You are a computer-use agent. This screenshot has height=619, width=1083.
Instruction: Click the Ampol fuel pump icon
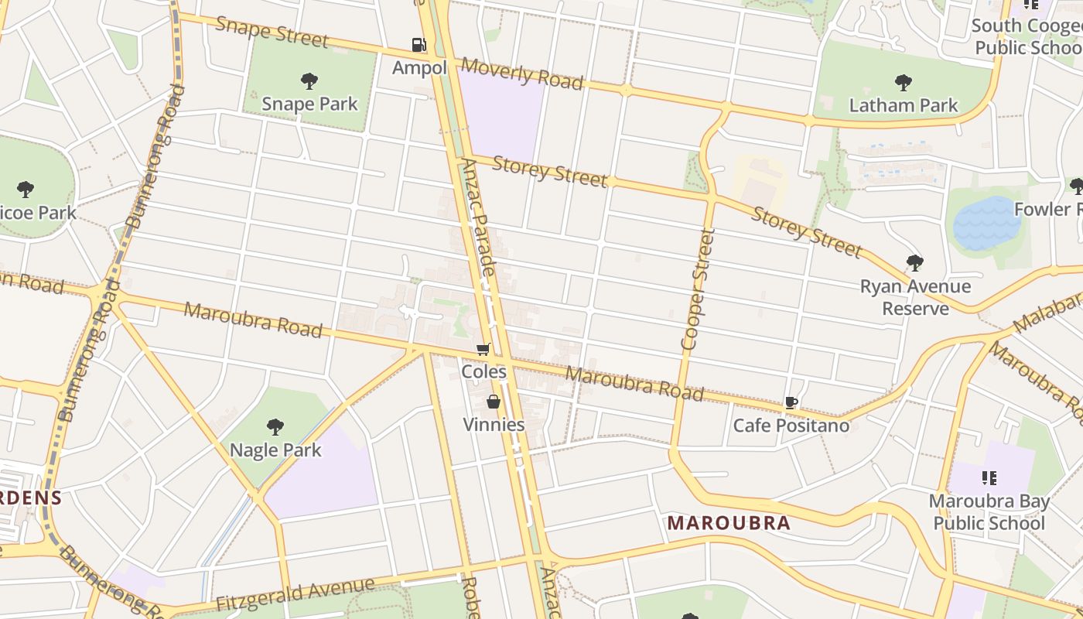tap(419, 45)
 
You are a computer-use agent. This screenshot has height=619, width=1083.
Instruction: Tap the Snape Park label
tap(309, 104)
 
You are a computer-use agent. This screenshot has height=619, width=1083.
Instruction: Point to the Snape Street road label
tap(272, 32)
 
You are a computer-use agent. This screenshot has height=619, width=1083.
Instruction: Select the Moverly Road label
tap(521, 74)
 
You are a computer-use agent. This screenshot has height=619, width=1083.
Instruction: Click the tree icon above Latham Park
tap(903, 83)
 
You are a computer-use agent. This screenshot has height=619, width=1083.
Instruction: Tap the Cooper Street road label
tap(695, 289)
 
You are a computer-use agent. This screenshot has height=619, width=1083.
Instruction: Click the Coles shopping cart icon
tap(483, 350)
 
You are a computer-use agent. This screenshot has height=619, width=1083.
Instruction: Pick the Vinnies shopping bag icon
tap(493, 402)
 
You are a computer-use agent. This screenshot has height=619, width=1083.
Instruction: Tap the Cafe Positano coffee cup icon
tap(791, 402)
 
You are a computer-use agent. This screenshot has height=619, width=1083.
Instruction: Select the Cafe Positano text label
tap(791, 426)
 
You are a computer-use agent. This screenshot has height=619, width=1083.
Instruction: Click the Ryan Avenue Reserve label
tap(915, 298)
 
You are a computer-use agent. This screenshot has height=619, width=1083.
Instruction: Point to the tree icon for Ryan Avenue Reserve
tap(914, 263)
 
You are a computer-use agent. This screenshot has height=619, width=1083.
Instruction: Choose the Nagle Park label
tap(275, 450)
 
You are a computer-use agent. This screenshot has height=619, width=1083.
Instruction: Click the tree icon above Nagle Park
tap(275, 426)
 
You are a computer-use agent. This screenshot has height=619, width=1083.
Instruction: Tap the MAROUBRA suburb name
tap(729, 523)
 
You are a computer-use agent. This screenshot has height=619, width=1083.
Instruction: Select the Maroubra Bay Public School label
tap(989, 512)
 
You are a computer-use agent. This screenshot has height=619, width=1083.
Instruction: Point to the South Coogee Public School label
tap(1027, 36)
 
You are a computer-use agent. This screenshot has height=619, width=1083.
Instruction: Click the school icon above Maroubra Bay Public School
tap(989, 478)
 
